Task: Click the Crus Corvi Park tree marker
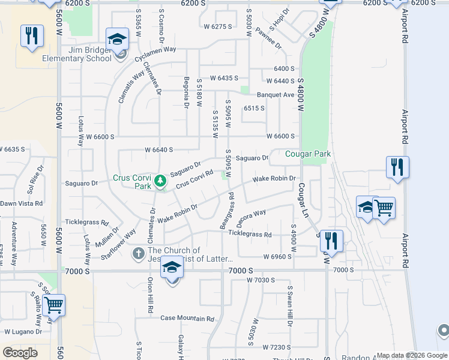(160, 180)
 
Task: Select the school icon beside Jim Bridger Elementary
(117, 40)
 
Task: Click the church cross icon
(139, 254)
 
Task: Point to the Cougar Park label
(308, 154)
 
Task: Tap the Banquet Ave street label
(276, 95)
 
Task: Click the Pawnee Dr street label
(268, 38)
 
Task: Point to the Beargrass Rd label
(231, 210)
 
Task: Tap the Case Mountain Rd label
(187, 318)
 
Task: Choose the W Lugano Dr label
(23, 331)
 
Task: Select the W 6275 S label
(217, 26)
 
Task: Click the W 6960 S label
(277, 257)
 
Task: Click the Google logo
(20, 353)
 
